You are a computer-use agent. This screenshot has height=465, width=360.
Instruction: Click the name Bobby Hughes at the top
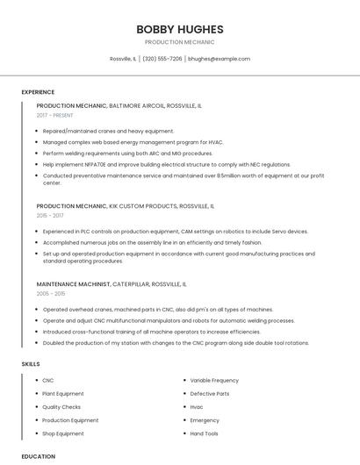(x=179, y=29)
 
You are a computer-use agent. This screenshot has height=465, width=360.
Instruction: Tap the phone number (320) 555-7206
(x=162, y=59)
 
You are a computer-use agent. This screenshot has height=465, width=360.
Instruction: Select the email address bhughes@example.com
(x=220, y=59)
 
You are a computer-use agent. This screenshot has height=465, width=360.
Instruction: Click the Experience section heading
(x=38, y=92)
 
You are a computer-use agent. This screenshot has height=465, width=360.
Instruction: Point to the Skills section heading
(x=31, y=363)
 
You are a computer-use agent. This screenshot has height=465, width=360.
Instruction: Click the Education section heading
(x=39, y=456)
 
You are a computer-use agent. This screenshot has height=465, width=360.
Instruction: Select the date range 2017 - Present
(x=55, y=115)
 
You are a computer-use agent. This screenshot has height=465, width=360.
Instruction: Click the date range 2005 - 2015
(x=50, y=294)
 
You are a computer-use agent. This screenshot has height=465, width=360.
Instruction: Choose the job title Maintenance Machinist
(x=74, y=284)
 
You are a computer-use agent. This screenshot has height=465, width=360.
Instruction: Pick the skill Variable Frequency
(x=214, y=380)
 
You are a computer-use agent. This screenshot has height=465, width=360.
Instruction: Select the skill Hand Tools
(x=205, y=433)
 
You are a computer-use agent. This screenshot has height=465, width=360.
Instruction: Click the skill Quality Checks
(x=61, y=407)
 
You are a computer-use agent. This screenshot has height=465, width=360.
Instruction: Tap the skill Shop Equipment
(x=63, y=433)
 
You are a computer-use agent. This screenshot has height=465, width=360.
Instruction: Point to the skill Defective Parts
(x=210, y=393)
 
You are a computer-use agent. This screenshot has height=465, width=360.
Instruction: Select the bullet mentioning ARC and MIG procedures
(x=127, y=153)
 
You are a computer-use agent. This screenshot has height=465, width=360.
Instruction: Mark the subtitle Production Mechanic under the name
(x=179, y=42)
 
